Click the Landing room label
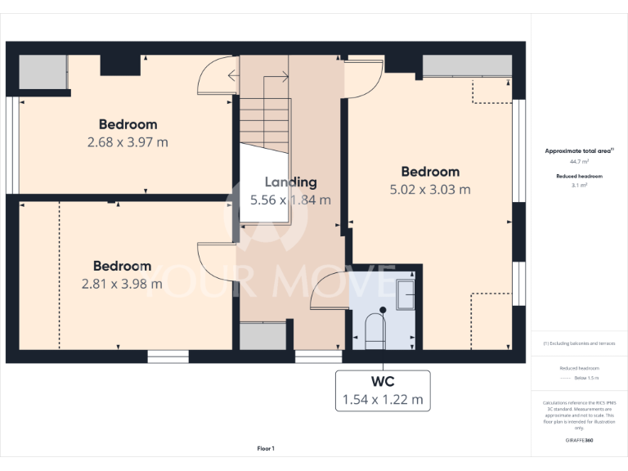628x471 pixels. coord(290,182)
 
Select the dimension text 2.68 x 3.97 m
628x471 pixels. coord(128,141)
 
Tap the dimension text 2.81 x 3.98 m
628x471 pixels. coord(122,284)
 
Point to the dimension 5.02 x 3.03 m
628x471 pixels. coord(429,189)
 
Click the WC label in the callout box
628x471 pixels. coord(383,382)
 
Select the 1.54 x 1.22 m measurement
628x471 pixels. coord(383,399)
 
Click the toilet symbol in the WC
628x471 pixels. coord(374,331)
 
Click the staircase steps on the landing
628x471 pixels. coord(264,119)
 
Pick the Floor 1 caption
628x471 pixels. coord(266,448)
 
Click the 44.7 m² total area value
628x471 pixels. coord(578,162)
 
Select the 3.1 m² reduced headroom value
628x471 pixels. coord(578,186)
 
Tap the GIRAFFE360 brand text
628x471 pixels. coord(578,441)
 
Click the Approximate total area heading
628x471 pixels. coord(578,151)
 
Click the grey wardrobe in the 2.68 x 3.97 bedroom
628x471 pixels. coord(43,73)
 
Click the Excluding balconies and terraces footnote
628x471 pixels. coord(580,343)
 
